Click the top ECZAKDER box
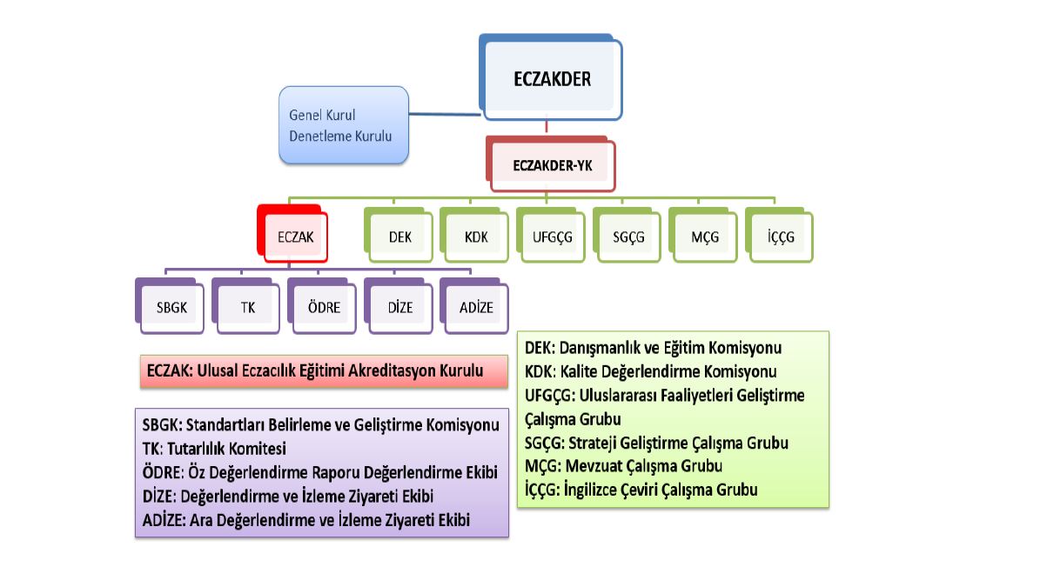551,77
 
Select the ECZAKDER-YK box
551,163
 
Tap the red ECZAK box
292,234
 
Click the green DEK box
399,235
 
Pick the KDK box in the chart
474,235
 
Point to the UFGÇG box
551,235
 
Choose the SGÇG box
628,235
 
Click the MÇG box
703,235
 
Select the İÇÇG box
780,235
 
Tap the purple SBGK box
170,306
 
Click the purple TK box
246,306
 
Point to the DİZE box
399,306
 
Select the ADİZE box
475,306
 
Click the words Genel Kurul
322,115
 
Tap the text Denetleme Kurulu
340,137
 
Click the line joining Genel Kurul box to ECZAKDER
445,114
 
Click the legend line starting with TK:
214,449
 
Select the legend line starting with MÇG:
623,466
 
